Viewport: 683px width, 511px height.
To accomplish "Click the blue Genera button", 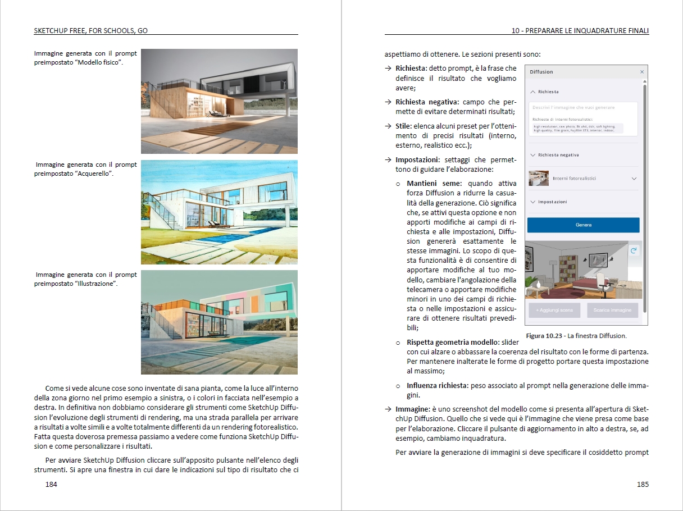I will tap(583, 225).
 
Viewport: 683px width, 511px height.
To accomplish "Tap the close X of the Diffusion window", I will tap(642, 72).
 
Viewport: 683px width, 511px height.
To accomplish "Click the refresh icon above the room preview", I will tap(634, 251).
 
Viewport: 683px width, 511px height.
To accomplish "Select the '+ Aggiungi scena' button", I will tap(554, 310).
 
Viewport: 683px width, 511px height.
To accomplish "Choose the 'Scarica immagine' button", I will tap(612, 310).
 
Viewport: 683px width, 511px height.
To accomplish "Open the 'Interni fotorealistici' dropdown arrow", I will tap(634, 179).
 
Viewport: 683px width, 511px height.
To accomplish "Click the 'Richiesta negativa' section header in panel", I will tap(558, 155).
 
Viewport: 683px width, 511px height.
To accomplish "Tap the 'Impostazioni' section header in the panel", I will tap(552, 202).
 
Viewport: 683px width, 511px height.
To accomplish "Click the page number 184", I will tap(51, 484).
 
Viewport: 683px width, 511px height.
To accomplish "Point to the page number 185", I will tap(643, 484).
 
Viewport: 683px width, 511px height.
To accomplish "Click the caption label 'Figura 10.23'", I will tap(545, 336).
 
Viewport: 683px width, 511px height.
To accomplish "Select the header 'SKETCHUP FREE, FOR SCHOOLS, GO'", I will tap(90, 30).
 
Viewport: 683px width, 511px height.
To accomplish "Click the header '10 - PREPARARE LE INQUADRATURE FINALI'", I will tap(580, 30).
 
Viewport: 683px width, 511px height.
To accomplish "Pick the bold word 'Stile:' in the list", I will tap(404, 126).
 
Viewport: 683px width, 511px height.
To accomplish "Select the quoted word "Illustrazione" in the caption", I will tap(95, 284).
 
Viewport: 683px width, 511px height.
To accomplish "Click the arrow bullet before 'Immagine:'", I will tap(388, 409).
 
